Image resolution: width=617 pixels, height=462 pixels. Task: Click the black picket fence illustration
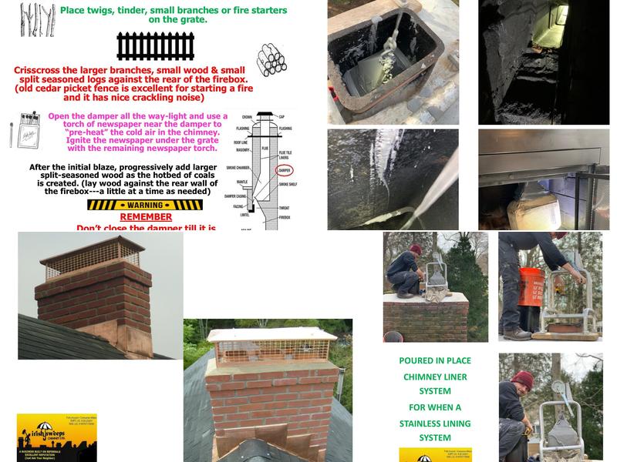pyautogui.click(x=155, y=46)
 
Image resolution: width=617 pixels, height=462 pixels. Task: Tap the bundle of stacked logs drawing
pyautogui.click(x=271, y=59)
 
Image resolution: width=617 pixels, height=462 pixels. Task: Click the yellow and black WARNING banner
pyautogui.click(x=144, y=206)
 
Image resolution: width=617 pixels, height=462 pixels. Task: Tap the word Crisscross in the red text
pyautogui.click(x=40, y=70)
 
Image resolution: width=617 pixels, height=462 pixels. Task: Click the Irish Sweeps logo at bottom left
pyautogui.click(x=46, y=437)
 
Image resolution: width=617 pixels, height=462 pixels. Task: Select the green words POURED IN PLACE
pyautogui.click(x=435, y=360)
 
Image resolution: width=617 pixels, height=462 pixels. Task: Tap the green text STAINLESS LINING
pyautogui.click(x=435, y=423)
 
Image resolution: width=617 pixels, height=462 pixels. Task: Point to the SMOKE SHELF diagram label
pyautogui.click(x=287, y=186)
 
